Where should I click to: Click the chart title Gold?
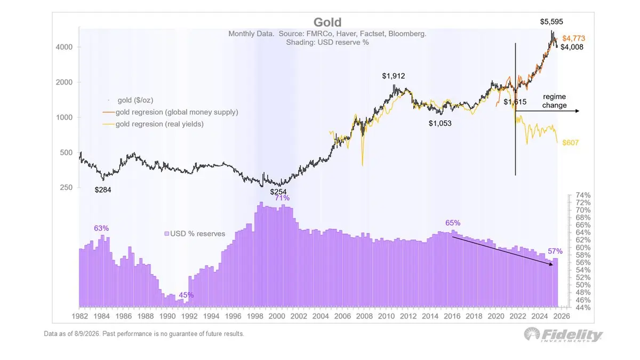(x=327, y=22)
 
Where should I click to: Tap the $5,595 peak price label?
(x=551, y=22)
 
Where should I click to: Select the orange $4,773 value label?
(x=573, y=38)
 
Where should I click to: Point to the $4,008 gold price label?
(x=572, y=47)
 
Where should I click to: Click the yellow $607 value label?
(x=570, y=142)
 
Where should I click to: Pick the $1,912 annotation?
(x=394, y=76)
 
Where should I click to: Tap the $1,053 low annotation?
(x=440, y=123)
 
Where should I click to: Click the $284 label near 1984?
(x=103, y=190)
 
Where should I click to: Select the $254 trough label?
(x=278, y=191)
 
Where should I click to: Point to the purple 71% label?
(x=282, y=198)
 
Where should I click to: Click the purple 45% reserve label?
(x=186, y=295)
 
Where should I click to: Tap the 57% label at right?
(x=555, y=251)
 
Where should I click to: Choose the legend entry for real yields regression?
(x=153, y=124)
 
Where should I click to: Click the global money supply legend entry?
(x=170, y=113)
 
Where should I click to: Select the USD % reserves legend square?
(x=166, y=234)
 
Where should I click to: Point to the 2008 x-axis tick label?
(x=364, y=316)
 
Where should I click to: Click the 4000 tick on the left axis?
(x=64, y=47)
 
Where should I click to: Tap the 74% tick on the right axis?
(x=583, y=195)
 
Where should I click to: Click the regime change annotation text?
(x=554, y=101)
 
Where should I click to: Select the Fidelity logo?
(x=563, y=335)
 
